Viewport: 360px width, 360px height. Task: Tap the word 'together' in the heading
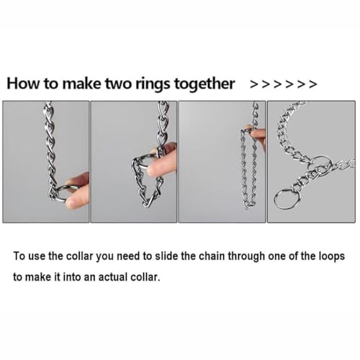(204, 84)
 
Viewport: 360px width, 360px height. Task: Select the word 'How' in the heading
(23, 84)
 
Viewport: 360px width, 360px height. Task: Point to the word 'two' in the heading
(119, 84)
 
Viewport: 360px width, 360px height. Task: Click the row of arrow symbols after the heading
(283, 84)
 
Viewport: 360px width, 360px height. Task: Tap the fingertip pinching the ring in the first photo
(74, 201)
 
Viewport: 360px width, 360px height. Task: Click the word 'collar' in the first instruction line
(79, 256)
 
